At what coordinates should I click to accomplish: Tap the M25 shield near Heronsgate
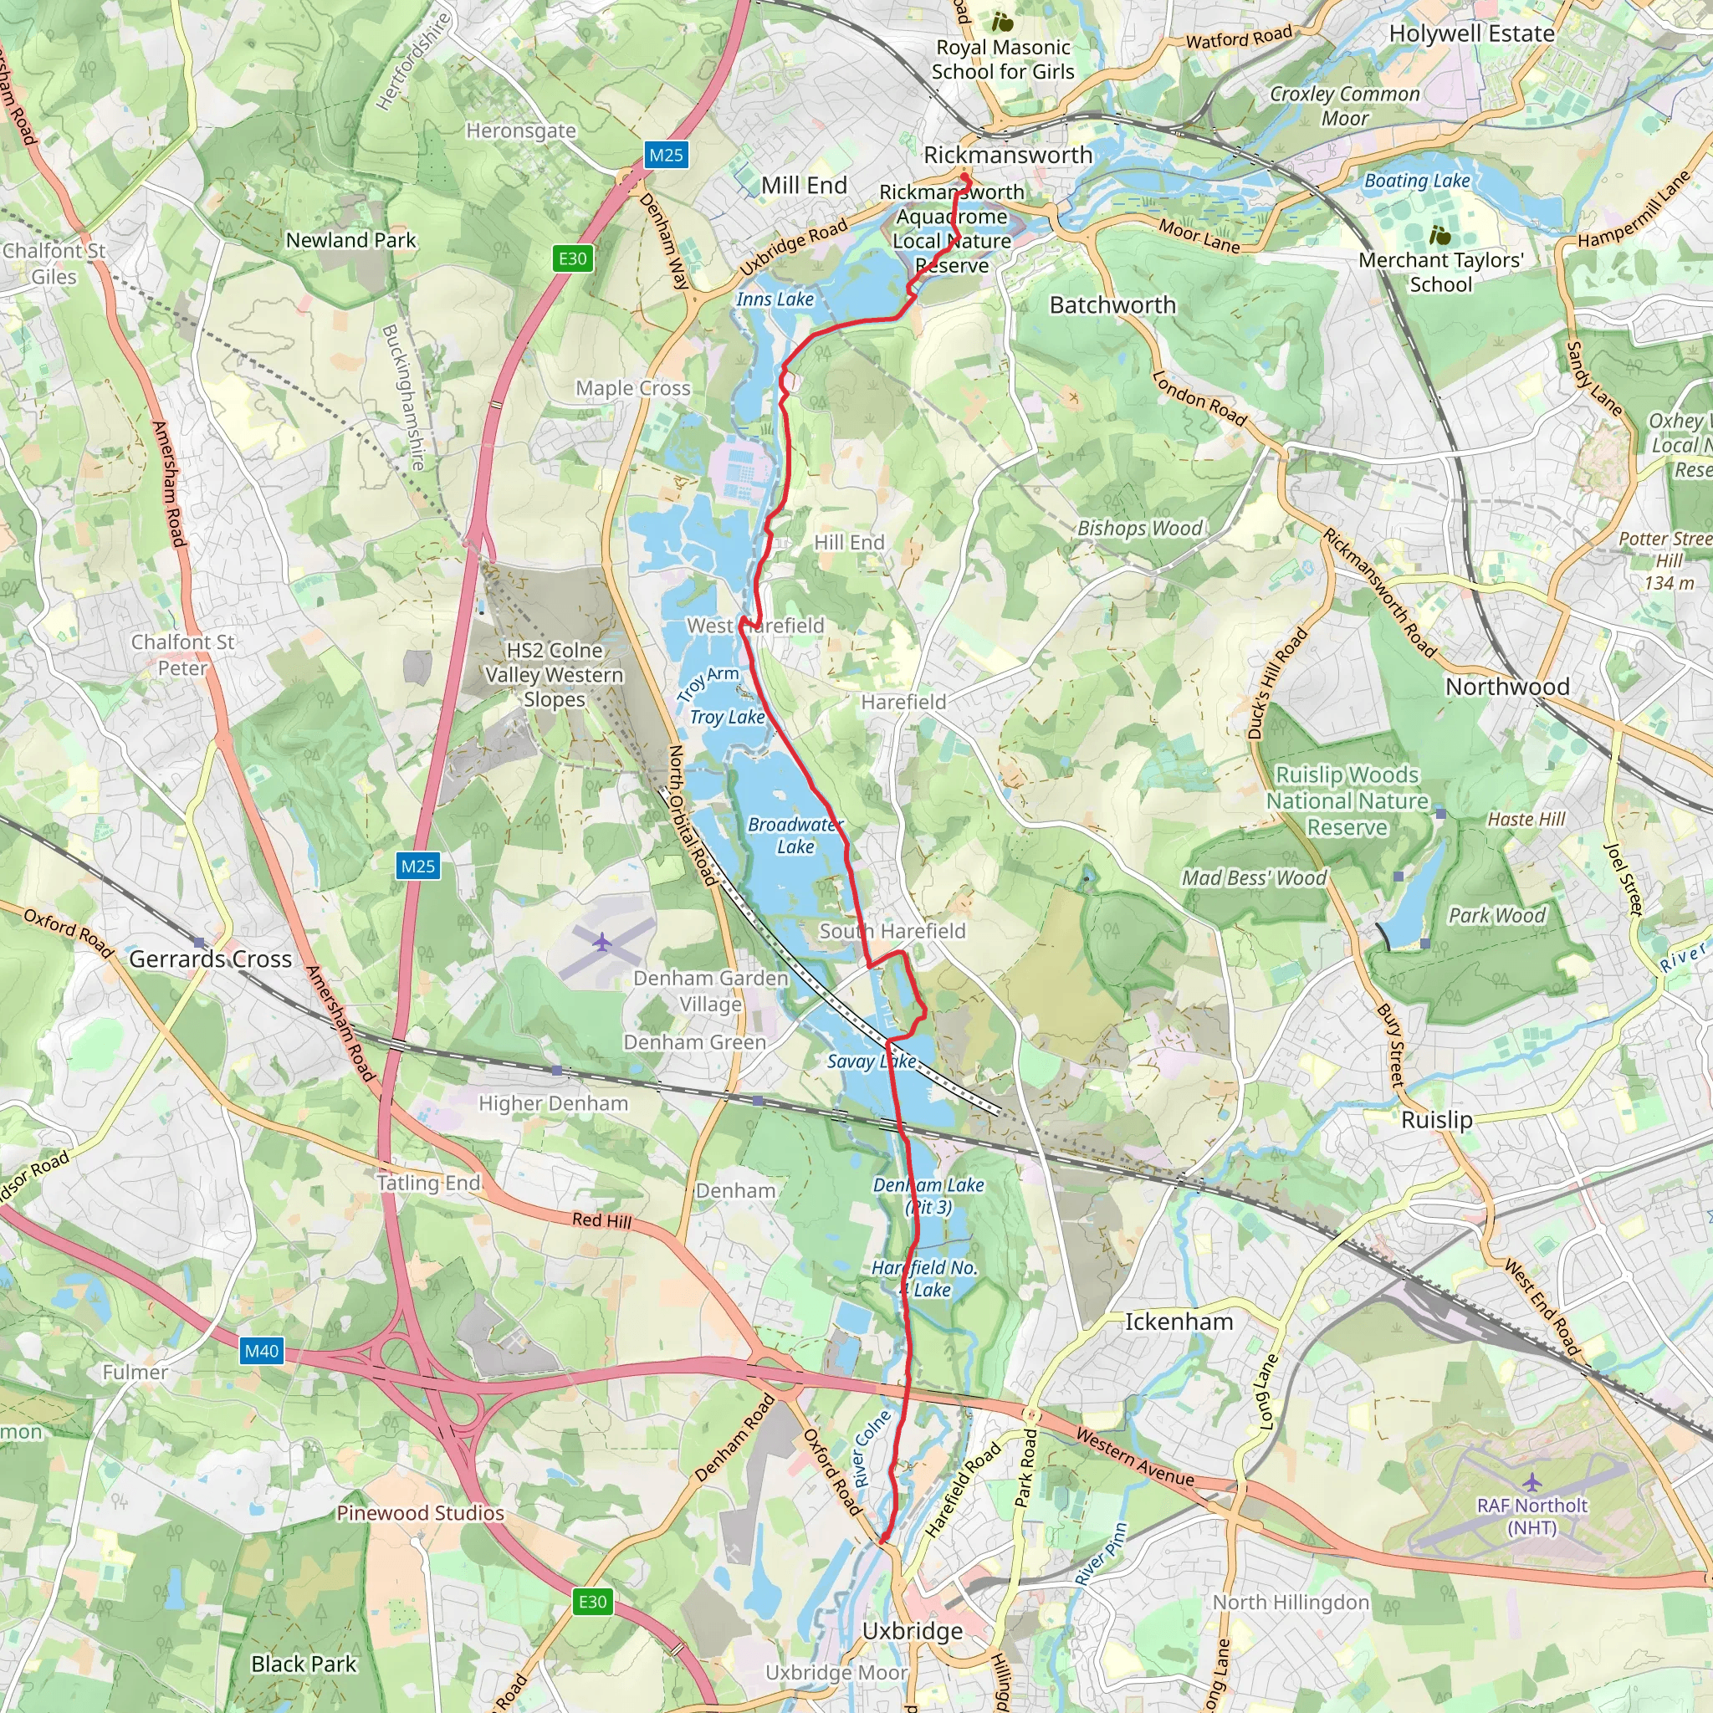tap(666, 156)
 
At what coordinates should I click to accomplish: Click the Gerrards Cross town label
tap(210, 959)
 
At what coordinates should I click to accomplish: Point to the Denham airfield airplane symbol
tap(602, 941)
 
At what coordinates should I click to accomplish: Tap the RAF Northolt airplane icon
tap(1531, 1482)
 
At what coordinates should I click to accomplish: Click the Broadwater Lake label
tap(795, 836)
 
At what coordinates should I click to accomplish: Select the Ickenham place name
tap(1179, 1322)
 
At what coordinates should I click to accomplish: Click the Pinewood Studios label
tap(420, 1512)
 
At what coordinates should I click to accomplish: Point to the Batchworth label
tap(1112, 305)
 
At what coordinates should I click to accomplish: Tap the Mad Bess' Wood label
tap(1254, 877)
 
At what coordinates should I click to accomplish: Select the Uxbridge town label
tap(913, 1630)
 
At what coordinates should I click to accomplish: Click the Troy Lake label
tap(727, 717)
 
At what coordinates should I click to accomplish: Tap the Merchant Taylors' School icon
tap(1440, 235)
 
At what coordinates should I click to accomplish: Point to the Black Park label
tap(304, 1664)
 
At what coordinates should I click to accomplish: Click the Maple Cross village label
tap(633, 387)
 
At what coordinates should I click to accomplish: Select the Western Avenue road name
tap(1134, 1457)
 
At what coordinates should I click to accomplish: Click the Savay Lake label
tap(872, 1061)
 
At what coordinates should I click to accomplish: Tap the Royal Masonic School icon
tap(1002, 21)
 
